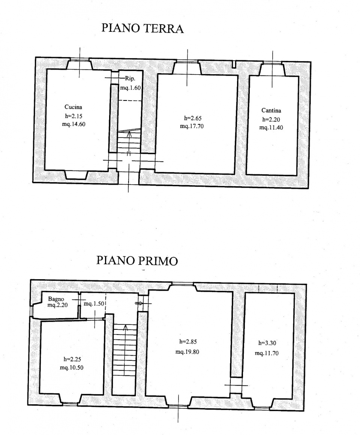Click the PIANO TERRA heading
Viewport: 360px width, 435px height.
click(x=143, y=29)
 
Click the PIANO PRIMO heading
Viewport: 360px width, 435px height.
click(x=137, y=260)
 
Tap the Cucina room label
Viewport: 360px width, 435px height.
click(x=73, y=107)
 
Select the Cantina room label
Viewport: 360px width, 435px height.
click(x=271, y=111)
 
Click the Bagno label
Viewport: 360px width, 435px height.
click(x=56, y=299)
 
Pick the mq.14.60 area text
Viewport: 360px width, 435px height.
click(x=74, y=124)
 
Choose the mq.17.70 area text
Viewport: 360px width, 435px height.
click(x=192, y=126)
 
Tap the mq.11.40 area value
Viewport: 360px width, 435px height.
click(x=271, y=127)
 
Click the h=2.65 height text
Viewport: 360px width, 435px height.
click(x=191, y=118)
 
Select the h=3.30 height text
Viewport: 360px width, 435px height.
click(x=267, y=343)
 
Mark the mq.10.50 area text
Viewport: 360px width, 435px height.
click(x=72, y=368)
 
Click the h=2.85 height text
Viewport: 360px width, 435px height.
click(x=187, y=342)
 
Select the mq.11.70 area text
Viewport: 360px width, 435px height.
click(x=267, y=353)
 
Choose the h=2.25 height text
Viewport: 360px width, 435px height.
click(x=72, y=359)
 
